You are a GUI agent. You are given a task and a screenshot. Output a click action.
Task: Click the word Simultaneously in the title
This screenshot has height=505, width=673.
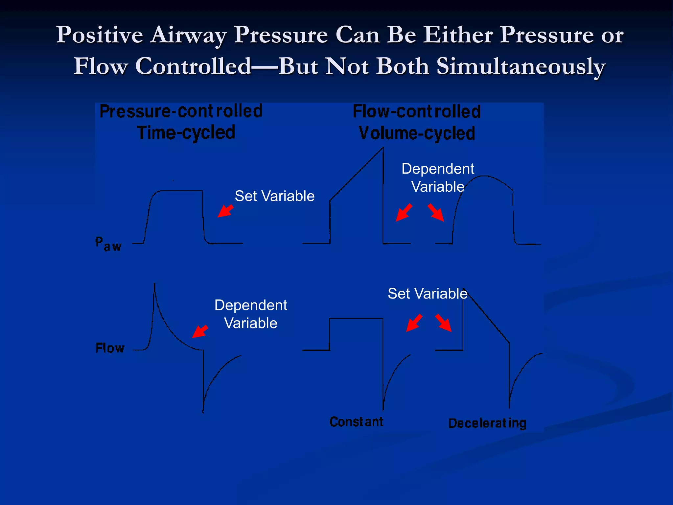coord(521,66)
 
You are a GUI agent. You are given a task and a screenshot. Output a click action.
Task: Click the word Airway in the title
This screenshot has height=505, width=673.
coord(189,35)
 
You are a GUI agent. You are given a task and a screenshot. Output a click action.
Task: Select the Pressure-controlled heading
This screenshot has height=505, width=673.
coord(181,111)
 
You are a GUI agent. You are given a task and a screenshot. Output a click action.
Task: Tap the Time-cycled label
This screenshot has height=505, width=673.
coord(186,133)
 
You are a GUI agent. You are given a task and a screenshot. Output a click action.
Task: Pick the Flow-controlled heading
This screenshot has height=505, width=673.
coord(416,112)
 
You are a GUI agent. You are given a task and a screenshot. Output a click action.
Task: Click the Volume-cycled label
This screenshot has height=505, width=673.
coord(416,133)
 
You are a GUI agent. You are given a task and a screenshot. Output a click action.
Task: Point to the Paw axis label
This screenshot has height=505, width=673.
coord(108,244)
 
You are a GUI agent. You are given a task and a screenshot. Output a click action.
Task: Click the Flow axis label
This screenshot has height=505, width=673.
coord(110,348)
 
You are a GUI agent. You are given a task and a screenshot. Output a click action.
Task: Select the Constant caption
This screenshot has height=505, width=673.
coord(356,422)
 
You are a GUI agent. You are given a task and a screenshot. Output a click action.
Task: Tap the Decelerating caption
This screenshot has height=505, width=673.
coord(487,423)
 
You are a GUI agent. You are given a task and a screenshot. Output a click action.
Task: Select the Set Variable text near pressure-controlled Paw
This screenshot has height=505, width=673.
coord(274,196)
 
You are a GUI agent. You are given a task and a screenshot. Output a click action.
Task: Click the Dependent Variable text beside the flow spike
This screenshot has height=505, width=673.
coord(251,314)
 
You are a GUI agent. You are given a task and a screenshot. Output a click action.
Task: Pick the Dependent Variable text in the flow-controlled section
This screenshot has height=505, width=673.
coord(438,178)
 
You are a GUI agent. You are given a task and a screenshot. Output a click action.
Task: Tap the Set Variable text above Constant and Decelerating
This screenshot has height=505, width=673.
coord(427,294)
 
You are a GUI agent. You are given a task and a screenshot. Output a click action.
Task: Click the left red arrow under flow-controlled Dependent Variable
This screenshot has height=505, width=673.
coord(404,212)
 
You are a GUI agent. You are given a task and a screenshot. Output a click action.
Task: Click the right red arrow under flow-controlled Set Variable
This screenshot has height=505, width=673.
coord(444,323)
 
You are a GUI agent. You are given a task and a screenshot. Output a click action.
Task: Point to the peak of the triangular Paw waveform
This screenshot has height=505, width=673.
coord(383,148)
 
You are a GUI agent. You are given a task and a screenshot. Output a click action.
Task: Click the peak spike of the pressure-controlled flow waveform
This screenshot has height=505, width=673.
coord(154,285)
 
